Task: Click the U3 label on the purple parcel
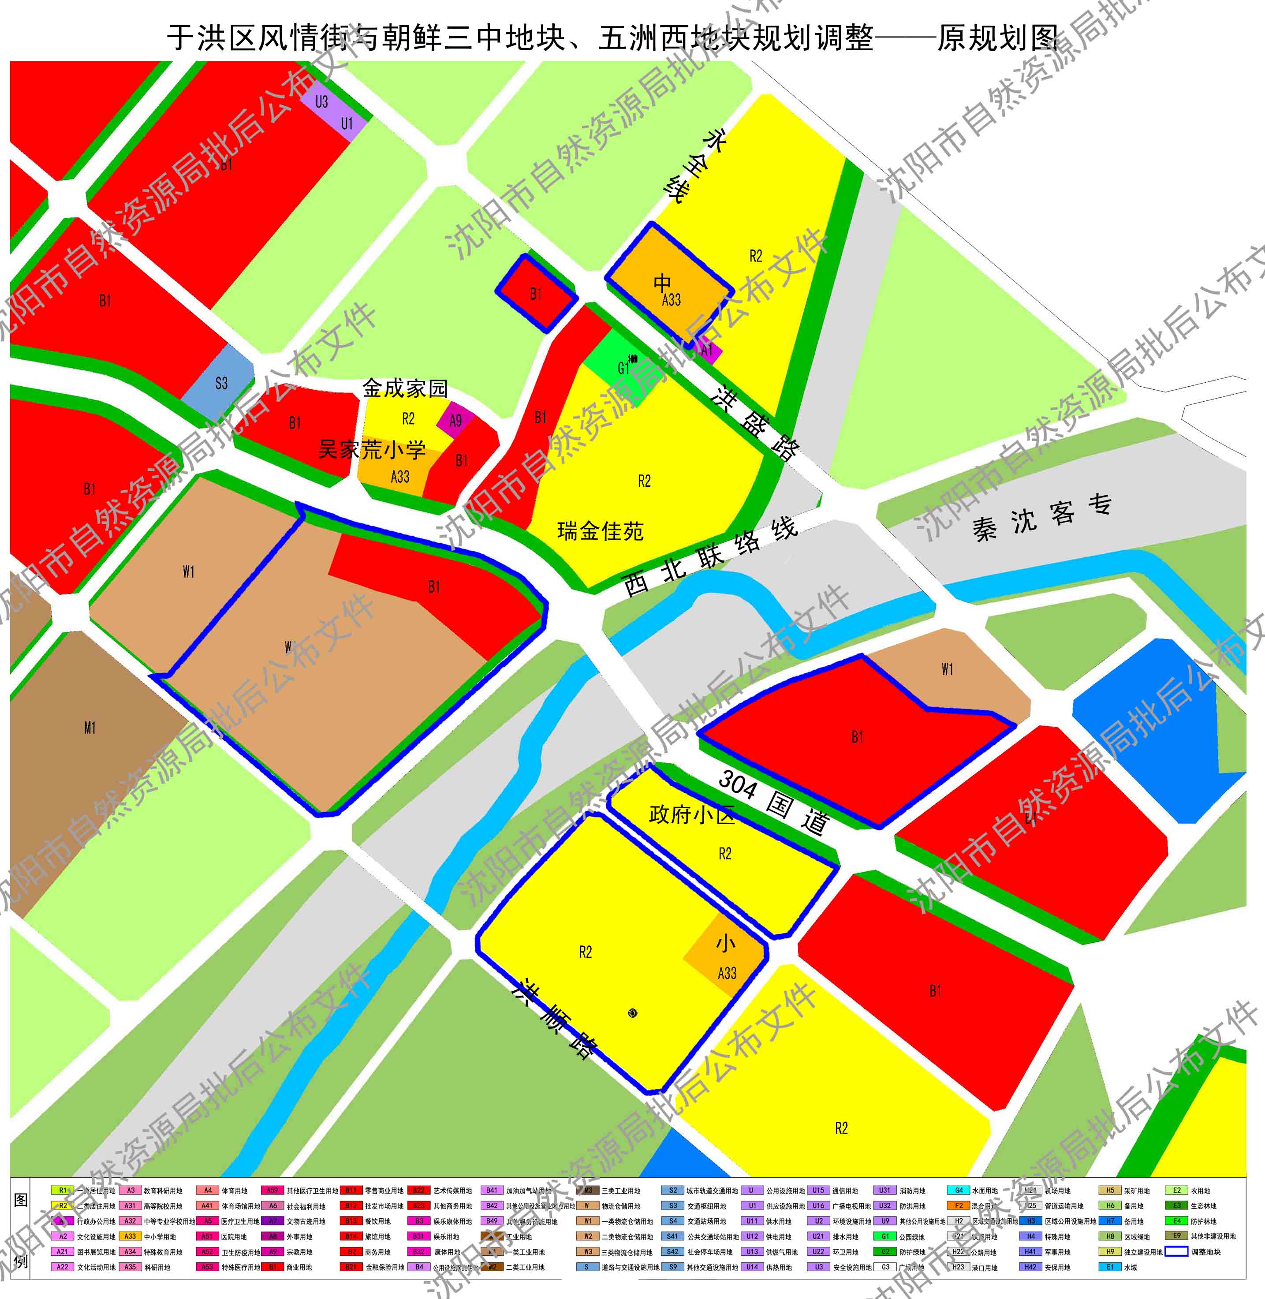click(x=321, y=102)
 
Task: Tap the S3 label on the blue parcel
click(x=221, y=383)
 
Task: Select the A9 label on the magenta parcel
click(x=455, y=421)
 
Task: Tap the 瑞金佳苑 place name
click(x=600, y=531)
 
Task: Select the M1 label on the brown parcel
click(x=90, y=728)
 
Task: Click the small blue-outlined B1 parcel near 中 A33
click(x=536, y=294)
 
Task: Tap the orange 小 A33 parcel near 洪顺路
click(x=725, y=957)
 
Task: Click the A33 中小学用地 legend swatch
click(x=130, y=1236)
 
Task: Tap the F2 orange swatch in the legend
click(x=959, y=1206)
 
